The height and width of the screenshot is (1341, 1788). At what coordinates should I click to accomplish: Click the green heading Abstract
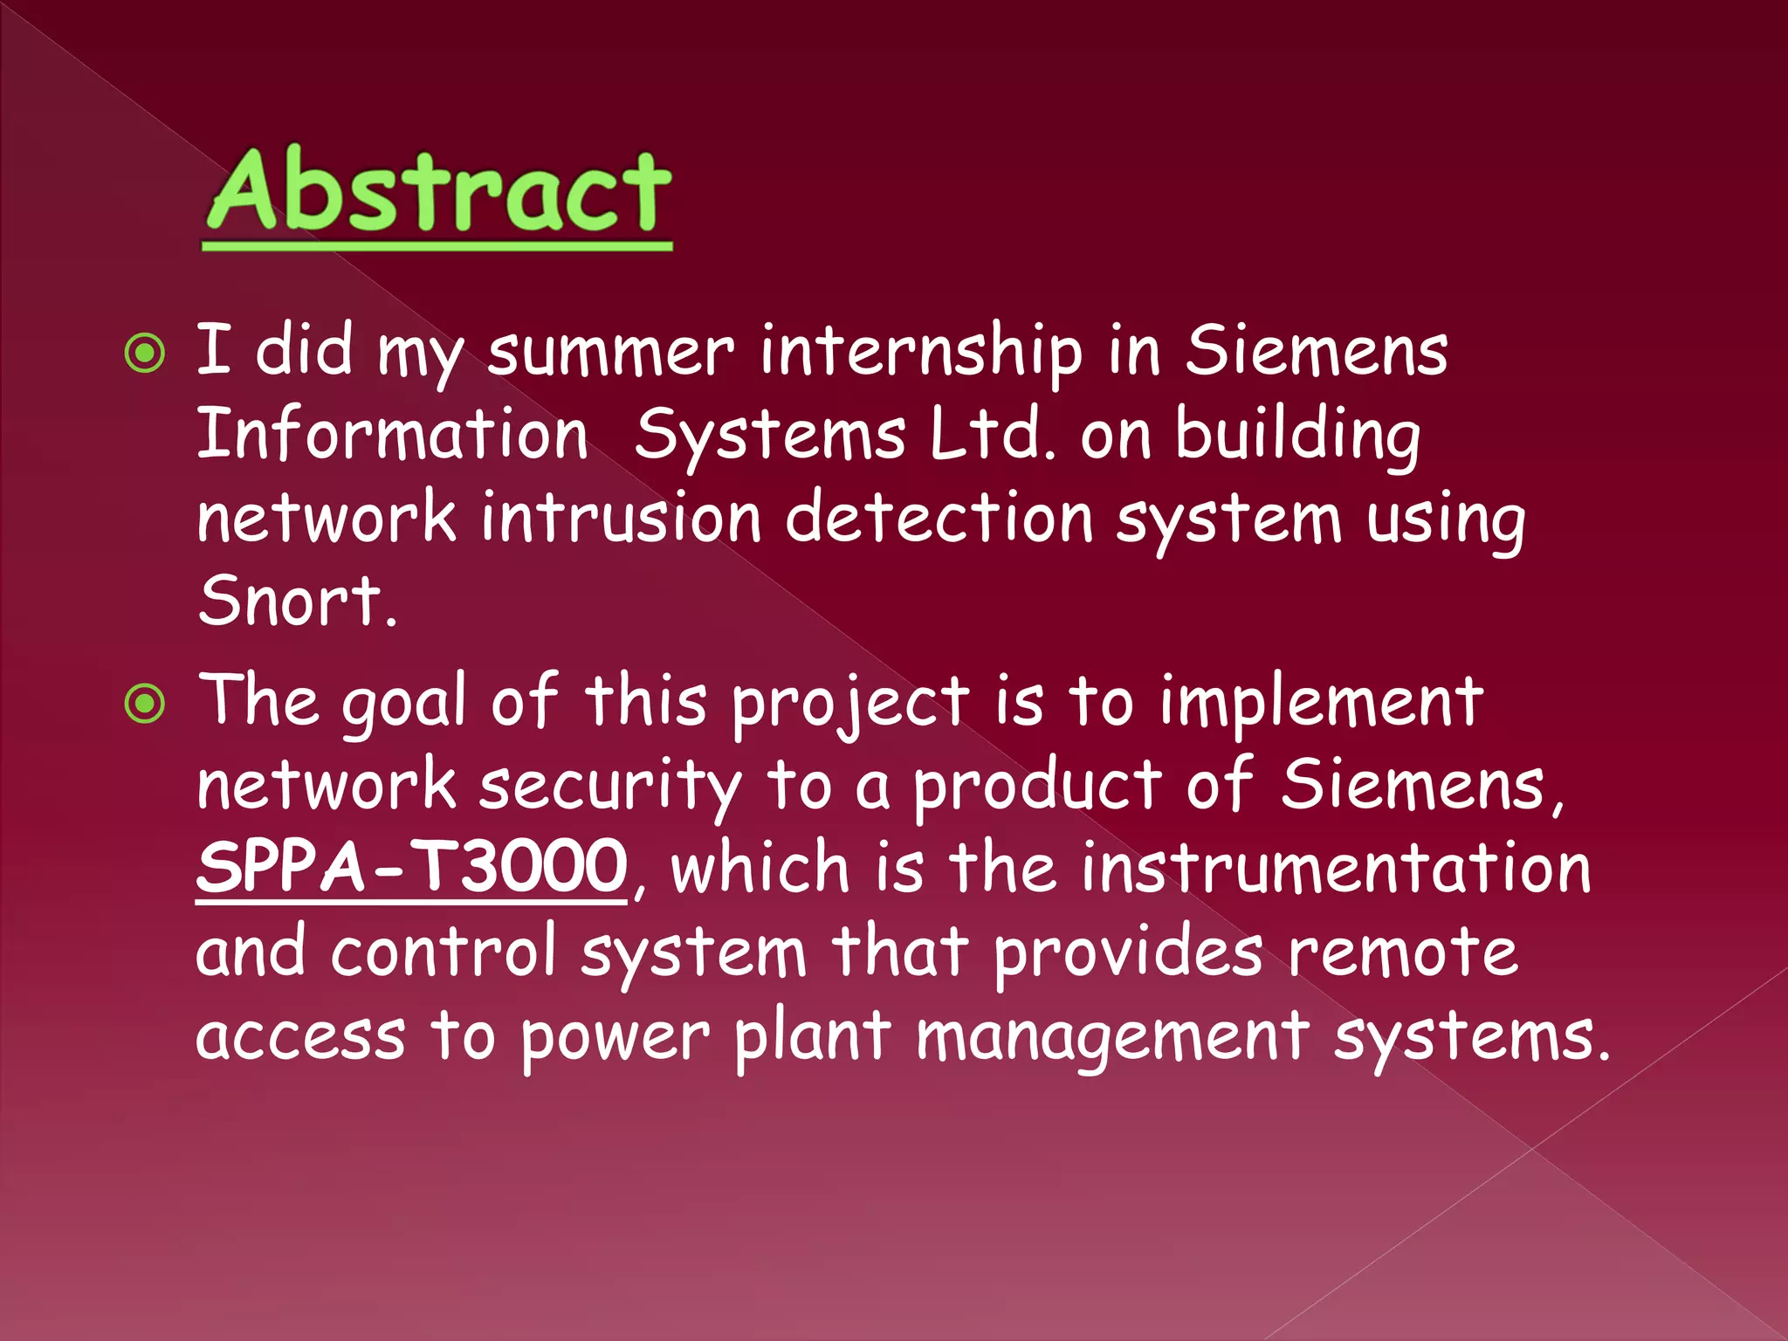click(438, 192)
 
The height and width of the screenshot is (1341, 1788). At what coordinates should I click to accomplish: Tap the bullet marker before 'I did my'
click(145, 354)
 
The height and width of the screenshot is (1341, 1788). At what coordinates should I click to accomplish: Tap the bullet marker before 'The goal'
click(145, 704)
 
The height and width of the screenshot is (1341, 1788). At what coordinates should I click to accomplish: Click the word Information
click(392, 434)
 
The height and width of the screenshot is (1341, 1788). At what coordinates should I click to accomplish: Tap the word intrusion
click(622, 518)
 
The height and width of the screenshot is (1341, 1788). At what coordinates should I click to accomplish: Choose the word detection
click(939, 518)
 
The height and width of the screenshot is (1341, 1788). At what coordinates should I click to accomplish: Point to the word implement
click(1321, 704)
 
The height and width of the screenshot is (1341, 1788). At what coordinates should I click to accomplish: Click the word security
click(609, 787)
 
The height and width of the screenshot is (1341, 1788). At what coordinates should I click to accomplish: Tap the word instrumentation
click(1336, 869)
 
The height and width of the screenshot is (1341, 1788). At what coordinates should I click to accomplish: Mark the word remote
click(1403, 952)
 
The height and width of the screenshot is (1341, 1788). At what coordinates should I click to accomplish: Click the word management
click(1113, 1037)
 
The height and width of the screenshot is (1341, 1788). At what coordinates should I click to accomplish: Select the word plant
click(812, 1037)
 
